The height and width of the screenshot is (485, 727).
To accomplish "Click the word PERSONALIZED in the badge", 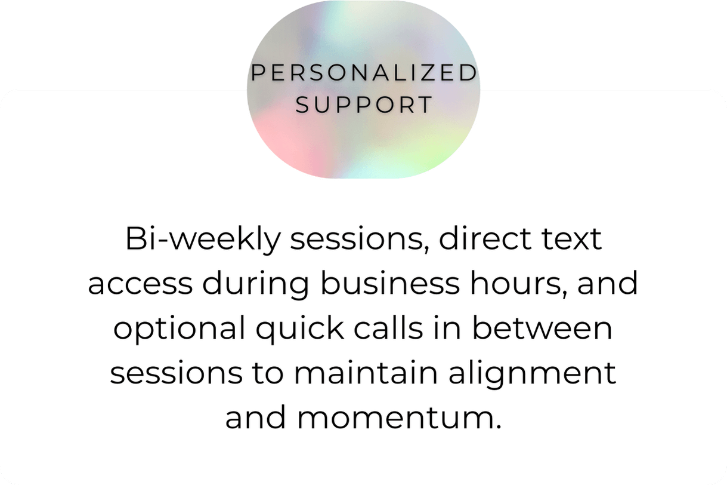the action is (364, 72).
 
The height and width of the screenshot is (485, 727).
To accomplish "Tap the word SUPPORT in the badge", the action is (364, 105).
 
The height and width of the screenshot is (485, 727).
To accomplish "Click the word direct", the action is (485, 238).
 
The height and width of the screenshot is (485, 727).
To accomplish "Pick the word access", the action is (140, 284).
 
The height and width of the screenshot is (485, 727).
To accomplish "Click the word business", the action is (390, 283).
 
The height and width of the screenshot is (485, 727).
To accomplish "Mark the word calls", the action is (388, 327).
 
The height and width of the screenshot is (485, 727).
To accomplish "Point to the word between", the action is (542, 327).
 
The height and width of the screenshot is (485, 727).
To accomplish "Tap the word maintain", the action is (366, 372).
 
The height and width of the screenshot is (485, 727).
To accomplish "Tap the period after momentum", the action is (499, 427).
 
